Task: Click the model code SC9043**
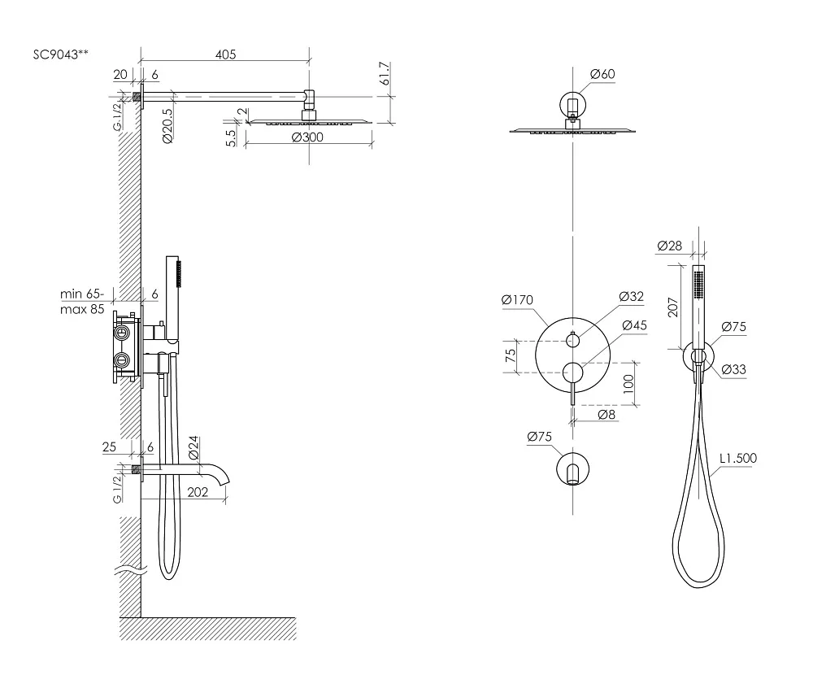61,54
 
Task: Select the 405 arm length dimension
225,54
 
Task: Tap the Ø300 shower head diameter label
307,137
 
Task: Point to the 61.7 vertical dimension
385,74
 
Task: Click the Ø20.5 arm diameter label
167,126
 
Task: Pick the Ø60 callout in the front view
602,74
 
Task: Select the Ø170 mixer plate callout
517,300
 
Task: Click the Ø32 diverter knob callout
632,297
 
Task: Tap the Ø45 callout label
635,325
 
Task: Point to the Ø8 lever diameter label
606,414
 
